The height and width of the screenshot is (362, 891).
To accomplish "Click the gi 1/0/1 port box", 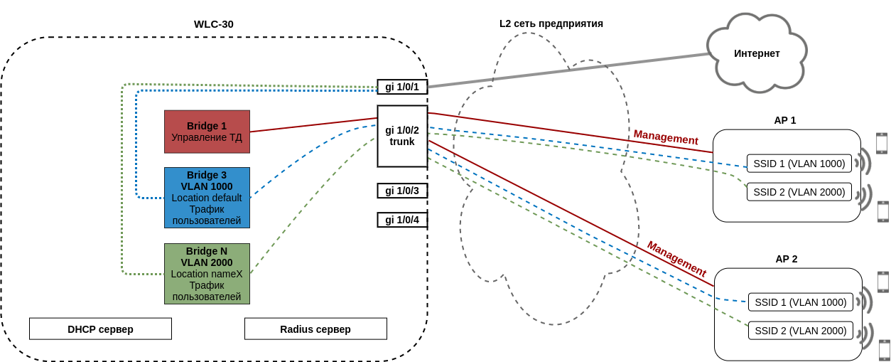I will (402, 87).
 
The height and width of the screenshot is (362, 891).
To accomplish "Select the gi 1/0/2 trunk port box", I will (402, 136).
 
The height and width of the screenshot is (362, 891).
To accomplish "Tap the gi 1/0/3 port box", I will (402, 191).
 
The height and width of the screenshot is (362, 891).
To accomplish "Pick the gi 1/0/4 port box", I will (402, 220).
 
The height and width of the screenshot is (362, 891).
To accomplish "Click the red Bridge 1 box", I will (207, 132).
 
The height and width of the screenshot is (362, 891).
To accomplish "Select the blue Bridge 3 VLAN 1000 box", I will (207, 198).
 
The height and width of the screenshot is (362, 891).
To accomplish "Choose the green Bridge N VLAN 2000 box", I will (207, 274).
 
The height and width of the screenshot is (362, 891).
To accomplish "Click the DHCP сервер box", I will (100, 329).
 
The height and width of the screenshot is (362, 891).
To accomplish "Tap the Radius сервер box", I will (315, 329).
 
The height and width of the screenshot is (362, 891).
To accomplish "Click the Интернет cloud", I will (757, 53).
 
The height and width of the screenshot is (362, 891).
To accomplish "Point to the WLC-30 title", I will (214, 24).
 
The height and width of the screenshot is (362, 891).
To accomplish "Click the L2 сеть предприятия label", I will (551, 23).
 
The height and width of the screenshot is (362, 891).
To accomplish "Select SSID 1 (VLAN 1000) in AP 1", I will (799, 164).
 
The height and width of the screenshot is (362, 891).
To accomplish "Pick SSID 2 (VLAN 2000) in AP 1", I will (799, 192).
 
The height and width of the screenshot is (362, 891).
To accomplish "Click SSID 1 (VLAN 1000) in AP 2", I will (801, 302).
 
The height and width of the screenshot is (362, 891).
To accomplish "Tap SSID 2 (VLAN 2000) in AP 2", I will (801, 331).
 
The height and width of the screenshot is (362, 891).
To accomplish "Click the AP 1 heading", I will (785, 120).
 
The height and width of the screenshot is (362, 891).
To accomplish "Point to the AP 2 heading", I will (787, 259).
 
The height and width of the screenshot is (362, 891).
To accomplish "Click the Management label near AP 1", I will (666, 137).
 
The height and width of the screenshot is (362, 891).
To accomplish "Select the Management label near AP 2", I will (676, 259).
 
